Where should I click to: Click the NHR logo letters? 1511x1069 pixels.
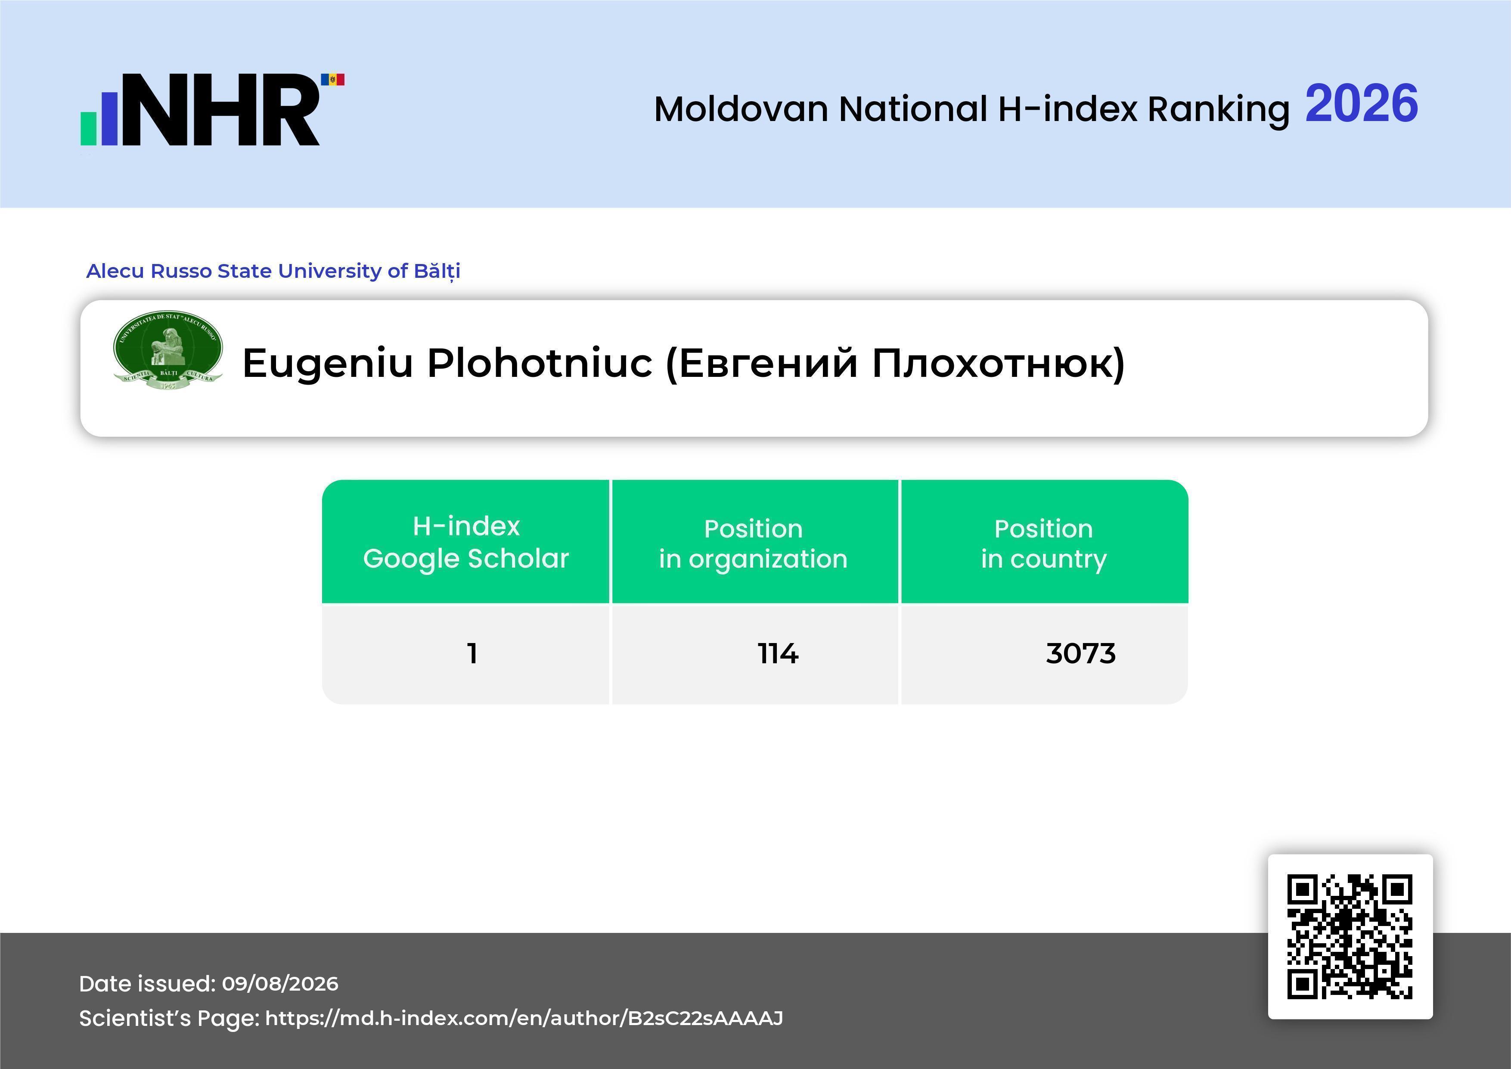tap(220, 109)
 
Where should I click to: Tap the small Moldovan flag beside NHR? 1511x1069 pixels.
tap(332, 80)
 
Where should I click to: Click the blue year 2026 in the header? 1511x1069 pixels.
tap(1361, 103)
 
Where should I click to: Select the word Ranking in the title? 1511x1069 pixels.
tap(1218, 109)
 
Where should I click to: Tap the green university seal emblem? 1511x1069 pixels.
tap(168, 350)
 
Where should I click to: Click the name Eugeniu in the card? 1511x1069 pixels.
tap(328, 364)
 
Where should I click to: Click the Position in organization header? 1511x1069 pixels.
tap(754, 544)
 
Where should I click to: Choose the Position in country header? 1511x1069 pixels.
tap(1044, 544)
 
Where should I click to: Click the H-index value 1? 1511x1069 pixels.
tap(472, 654)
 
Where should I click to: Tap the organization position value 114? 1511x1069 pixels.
tap(778, 654)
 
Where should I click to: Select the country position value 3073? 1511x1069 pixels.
tap(1080, 654)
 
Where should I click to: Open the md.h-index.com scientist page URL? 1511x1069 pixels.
tap(524, 1018)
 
